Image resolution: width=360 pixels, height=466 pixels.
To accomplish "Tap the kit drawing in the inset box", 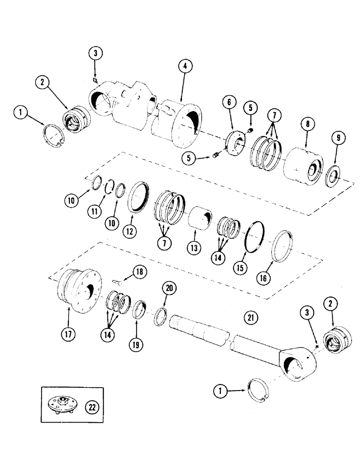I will coord(61,404).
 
